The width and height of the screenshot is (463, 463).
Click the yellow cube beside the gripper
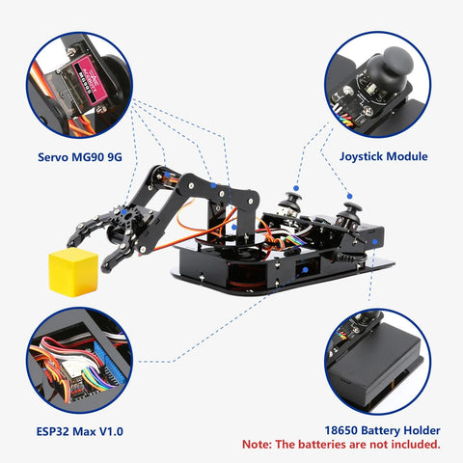(x=75, y=267)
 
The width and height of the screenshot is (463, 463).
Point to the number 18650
(x=330, y=430)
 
